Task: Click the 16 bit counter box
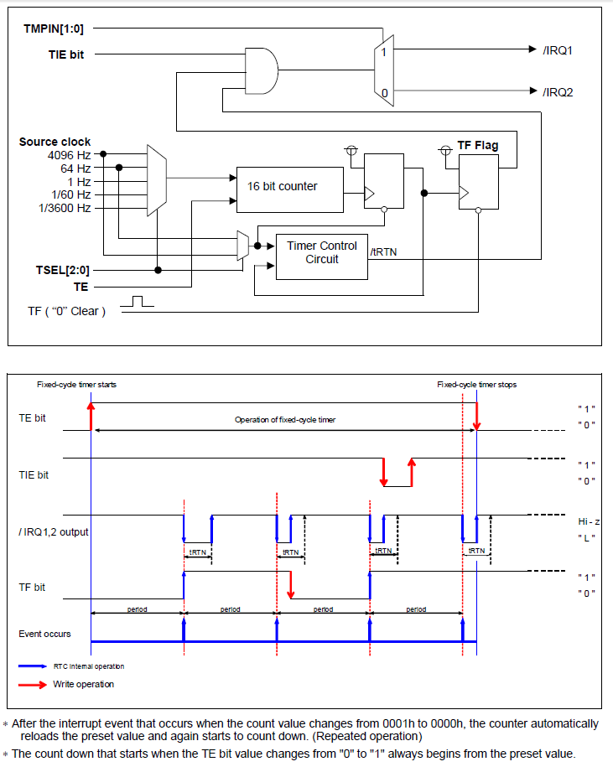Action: pyautogui.click(x=289, y=186)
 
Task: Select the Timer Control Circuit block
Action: pyautogui.click(x=321, y=252)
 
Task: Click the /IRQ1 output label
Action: pyautogui.click(x=558, y=50)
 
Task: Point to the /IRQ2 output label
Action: pyautogui.click(x=558, y=91)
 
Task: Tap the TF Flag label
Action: pyautogui.click(x=477, y=145)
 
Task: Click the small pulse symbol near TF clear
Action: pyautogui.click(x=143, y=301)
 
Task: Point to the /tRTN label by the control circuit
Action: pyautogui.click(x=383, y=251)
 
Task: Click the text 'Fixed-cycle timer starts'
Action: pyautogui.click(x=76, y=385)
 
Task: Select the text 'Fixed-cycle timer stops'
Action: pyautogui.click(x=476, y=385)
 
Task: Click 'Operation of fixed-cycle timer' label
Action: pyautogui.click(x=284, y=419)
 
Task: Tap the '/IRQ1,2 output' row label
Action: pyautogui.click(x=54, y=531)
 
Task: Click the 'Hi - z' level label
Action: pyautogui.click(x=586, y=521)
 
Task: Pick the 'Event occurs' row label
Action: pyautogui.click(x=44, y=634)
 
